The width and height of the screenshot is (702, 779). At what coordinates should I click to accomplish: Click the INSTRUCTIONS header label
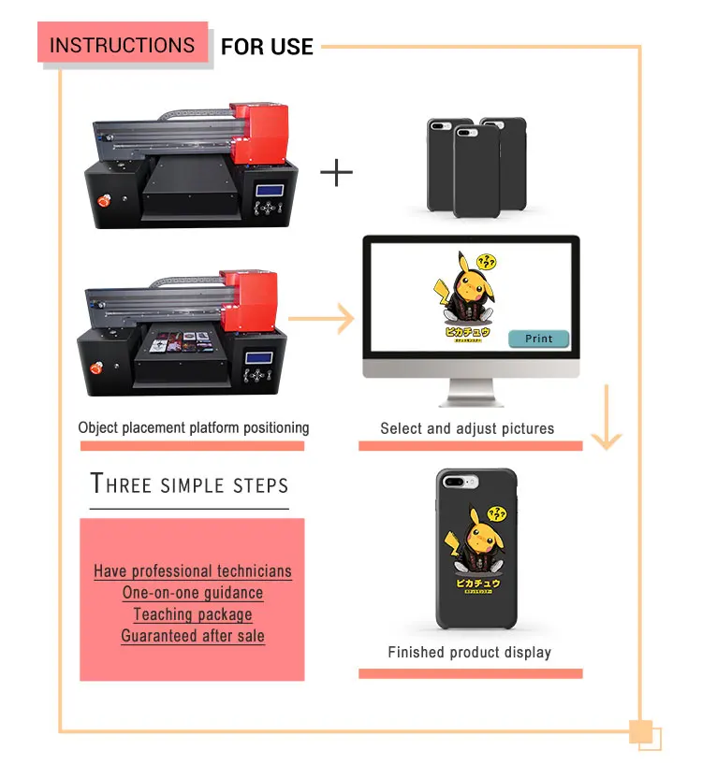point(122,45)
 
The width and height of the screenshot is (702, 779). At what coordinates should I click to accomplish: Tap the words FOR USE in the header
point(267,46)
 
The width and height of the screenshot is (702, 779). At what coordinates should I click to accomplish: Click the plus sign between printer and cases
point(336,173)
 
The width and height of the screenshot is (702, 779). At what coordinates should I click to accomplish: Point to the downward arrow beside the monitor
point(607,416)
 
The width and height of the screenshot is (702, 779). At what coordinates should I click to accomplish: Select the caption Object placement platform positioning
point(193,428)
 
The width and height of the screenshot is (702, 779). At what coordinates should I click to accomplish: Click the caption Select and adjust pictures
point(467,428)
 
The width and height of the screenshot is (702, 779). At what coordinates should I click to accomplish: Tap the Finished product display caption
point(469,652)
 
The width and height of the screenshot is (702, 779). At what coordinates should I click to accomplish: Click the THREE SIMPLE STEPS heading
point(189,484)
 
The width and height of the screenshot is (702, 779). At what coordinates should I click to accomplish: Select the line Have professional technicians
point(193,571)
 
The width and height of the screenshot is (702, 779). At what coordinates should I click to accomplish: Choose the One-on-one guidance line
point(193,593)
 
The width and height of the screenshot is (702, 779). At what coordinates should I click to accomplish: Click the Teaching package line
point(193,614)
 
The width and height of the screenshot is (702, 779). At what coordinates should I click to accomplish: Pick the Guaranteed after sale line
point(193,636)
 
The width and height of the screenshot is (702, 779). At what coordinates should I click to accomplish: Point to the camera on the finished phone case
point(455,481)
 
